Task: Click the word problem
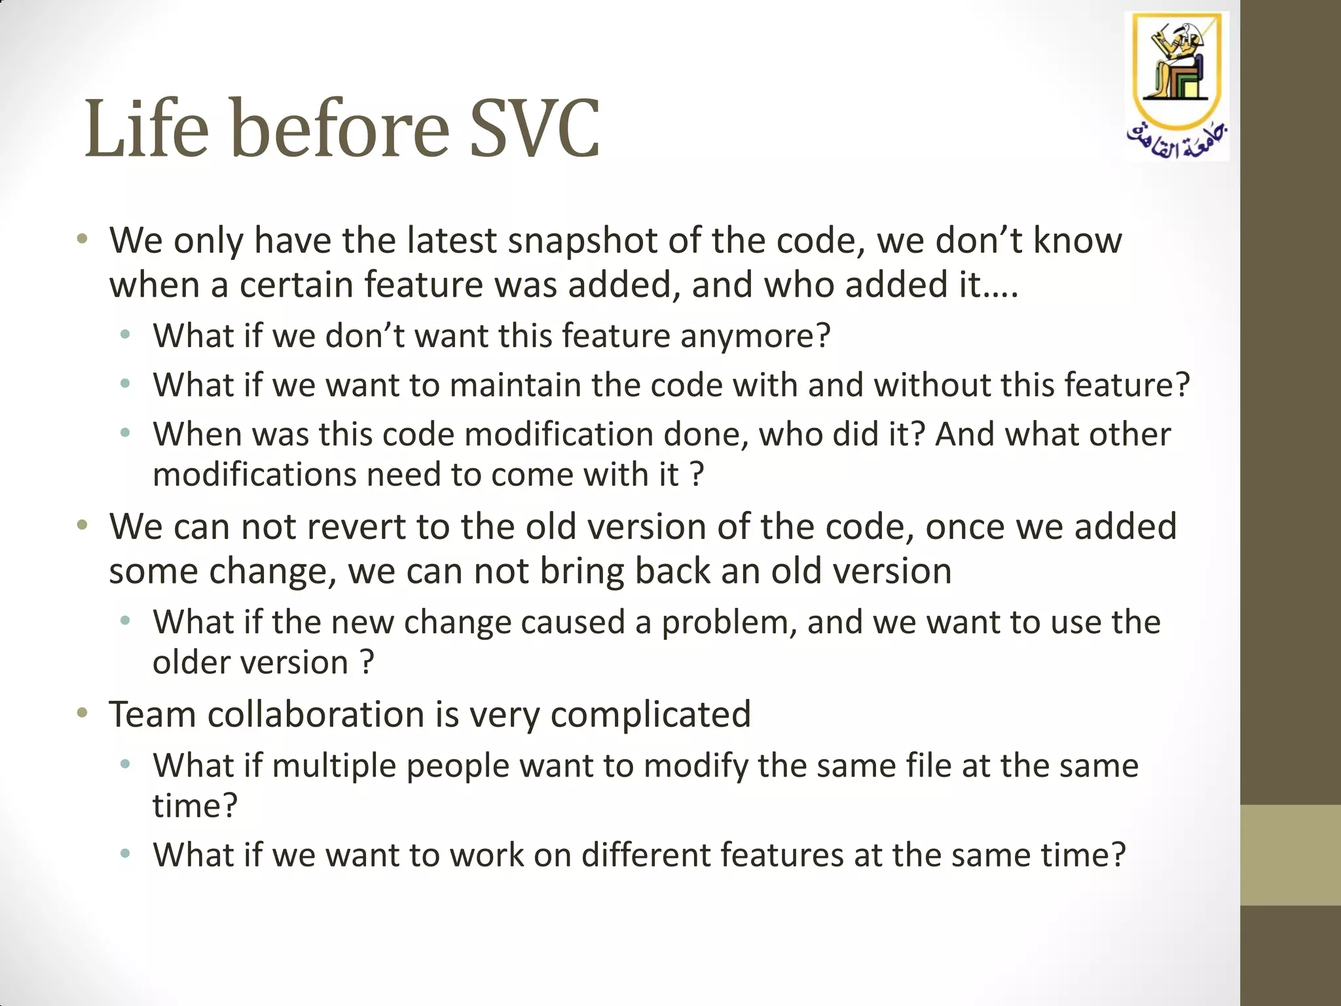pyautogui.click(x=729, y=622)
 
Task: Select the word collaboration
pyautogui.click(x=316, y=714)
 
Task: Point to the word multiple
pyautogui.click(x=334, y=766)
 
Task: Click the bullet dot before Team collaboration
pyautogui.click(x=82, y=713)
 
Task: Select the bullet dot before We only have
pyautogui.click(x=82, y=239)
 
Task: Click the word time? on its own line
pyautogui.click(x=194, y=806)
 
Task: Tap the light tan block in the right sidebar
pyautogui.click(x=1290, y=855)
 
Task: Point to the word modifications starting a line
pyautogui.click(x=253, y=475)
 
